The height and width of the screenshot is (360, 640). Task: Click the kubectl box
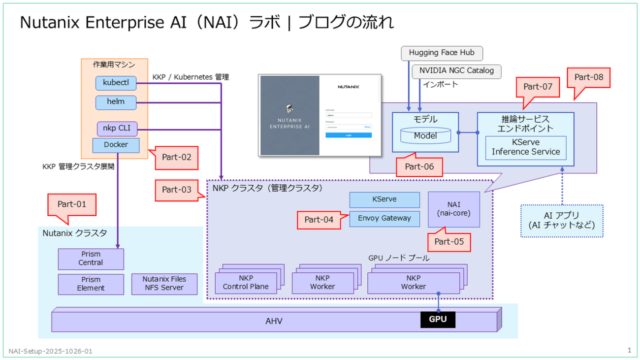pos(116,83)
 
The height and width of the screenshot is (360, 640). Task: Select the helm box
pos(116,102)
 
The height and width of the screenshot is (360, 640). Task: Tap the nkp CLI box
pos(116,129)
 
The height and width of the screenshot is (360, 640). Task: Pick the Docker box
pos(116,145)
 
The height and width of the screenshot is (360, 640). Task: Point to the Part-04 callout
pos(319,220)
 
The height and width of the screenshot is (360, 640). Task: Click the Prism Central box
pos(91,258)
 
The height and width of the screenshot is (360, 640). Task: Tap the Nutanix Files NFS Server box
pos(165,283)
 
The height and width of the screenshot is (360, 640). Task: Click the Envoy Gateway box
pos(384,219)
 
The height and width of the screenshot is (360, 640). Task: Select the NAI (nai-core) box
pos(454,209)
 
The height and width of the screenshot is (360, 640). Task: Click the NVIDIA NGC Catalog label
pos(456,71)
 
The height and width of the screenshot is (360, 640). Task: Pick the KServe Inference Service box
pos(526,147)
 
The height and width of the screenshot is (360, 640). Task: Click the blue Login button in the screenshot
pos(348,135)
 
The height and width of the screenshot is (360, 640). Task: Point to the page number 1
pos(629,350)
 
